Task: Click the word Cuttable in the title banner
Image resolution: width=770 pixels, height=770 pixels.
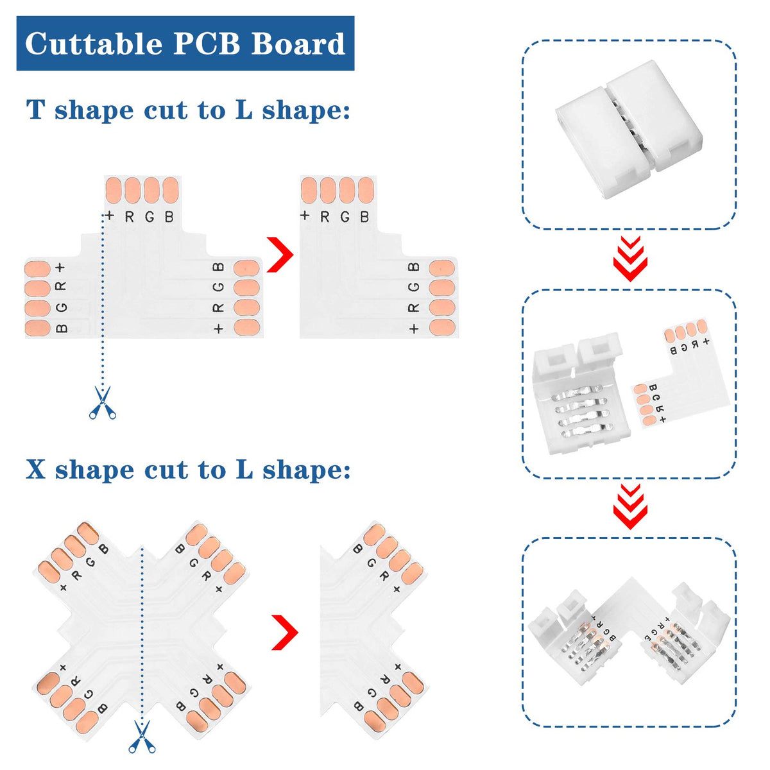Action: (93, 44)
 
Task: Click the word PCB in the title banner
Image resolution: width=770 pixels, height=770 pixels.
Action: (207, 44)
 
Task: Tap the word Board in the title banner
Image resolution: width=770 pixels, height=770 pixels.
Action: (298, 44)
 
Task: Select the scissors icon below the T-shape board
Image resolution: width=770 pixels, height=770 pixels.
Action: (103, 402)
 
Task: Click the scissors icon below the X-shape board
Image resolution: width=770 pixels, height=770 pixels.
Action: (142, 736)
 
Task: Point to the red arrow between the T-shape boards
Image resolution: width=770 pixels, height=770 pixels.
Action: (280, 255)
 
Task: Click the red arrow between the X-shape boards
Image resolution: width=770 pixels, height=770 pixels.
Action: (285, 632)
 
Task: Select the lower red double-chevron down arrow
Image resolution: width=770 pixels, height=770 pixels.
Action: (630, 506)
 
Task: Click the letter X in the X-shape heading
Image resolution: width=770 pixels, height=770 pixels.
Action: (36, 470)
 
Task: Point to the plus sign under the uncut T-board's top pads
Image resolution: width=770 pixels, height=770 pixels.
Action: (110, 216)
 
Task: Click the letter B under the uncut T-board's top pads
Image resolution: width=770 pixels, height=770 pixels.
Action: (169, 217)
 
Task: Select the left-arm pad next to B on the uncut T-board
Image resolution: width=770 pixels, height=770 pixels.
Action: (38, 328)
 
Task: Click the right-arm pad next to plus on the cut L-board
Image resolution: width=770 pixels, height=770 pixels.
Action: (442, 328)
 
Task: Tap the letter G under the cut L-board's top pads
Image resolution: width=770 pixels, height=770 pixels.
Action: (345, 217)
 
